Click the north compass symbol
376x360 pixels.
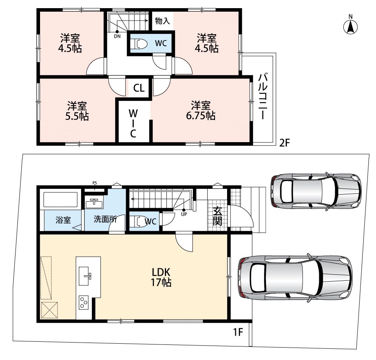click(x=351, y=25)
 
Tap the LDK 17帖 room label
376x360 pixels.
click(x=161, y=277)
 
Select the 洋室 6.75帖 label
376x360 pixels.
click(x=201, y=110)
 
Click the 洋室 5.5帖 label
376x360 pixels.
click(x=77, y=111)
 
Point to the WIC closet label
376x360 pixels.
click(x=133, y=123)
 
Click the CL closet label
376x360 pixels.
click(x=139, y=88)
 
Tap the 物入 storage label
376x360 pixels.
click(x=163, y=21)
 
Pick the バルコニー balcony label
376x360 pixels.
click(x=263, y=96)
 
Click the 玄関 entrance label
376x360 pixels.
click(x=217, y=216)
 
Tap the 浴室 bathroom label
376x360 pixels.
click(x=63, y=220)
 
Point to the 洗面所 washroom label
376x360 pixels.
click(x=105, y=219)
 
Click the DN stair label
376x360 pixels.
click(x=117, y=37)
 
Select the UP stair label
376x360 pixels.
click(x=184, y=214)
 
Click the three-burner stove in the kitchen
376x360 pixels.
click(x=84, y=303)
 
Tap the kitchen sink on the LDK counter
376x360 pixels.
click(x=85, y=276)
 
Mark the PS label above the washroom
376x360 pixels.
click(x=95, y=183)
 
